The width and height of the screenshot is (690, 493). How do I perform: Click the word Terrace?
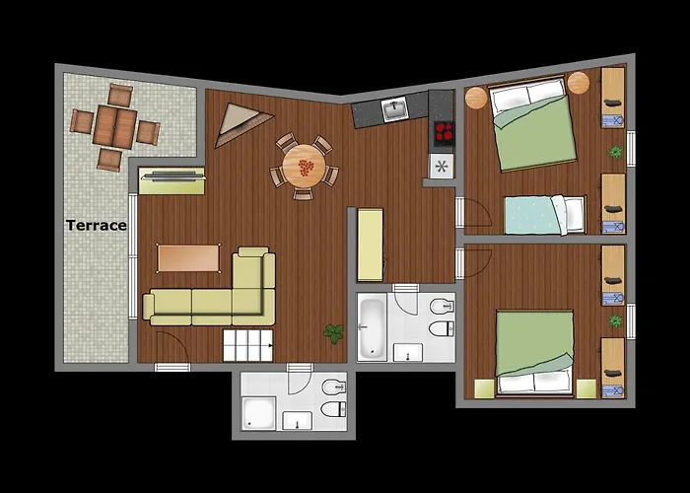[x=97, y=226]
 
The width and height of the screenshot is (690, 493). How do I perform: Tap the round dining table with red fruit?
[x=304, y=167]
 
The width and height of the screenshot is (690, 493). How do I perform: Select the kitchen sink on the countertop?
[x=395, y=109]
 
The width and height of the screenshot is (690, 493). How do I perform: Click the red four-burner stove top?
[x=444, y=133]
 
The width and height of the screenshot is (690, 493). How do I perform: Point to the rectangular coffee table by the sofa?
[x=189, y=258]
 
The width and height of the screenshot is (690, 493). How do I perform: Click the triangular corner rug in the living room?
[x=240, y=123]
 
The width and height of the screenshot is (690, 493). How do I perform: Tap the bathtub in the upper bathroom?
[x=372, y=326]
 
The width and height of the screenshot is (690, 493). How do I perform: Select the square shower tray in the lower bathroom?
[x=258, y=413]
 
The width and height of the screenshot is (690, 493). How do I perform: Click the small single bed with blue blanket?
[x=545, y=215]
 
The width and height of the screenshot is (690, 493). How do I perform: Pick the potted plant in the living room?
[x=333, y=333]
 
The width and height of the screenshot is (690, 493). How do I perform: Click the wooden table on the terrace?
[x=115, y=127]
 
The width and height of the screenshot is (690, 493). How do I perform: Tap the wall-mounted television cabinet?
[x=172, y=180]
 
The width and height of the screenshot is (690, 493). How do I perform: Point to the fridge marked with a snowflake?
[x=442, y=166]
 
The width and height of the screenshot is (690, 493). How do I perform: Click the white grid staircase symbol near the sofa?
[x=247, y=345]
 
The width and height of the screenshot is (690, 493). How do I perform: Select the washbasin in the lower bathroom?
[x=297, y=420]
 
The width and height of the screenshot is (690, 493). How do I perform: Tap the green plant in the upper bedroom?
[x=616, y=152]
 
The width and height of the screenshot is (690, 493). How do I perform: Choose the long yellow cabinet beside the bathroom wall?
[x=370, y=245]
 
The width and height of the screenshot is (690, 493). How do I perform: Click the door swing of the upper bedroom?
[x=478, y=213]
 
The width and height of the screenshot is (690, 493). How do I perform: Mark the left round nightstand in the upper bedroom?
[x=476, y=98]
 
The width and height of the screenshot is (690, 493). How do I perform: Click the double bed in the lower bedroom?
[x=534, y=352]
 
